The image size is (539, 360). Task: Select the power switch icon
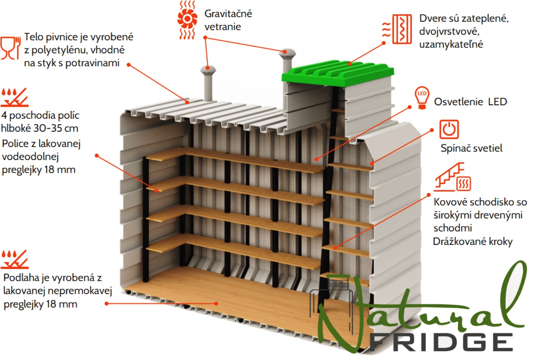point(449,129)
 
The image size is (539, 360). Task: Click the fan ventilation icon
point(187,20)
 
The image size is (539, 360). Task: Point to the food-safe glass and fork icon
point(10,48)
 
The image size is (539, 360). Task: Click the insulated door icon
point(397,29)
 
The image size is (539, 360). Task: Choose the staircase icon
point(452,177)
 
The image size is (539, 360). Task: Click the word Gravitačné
point(228,14)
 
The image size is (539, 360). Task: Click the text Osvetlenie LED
point(471,102)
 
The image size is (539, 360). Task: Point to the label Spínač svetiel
point(471,148)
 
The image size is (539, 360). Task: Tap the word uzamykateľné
point(451,45)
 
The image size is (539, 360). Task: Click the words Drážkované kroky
point(473,241)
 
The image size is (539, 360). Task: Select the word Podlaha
point(21,278)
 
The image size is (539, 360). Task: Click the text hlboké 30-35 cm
point(40,128)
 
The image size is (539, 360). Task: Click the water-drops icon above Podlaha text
point(14,259)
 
